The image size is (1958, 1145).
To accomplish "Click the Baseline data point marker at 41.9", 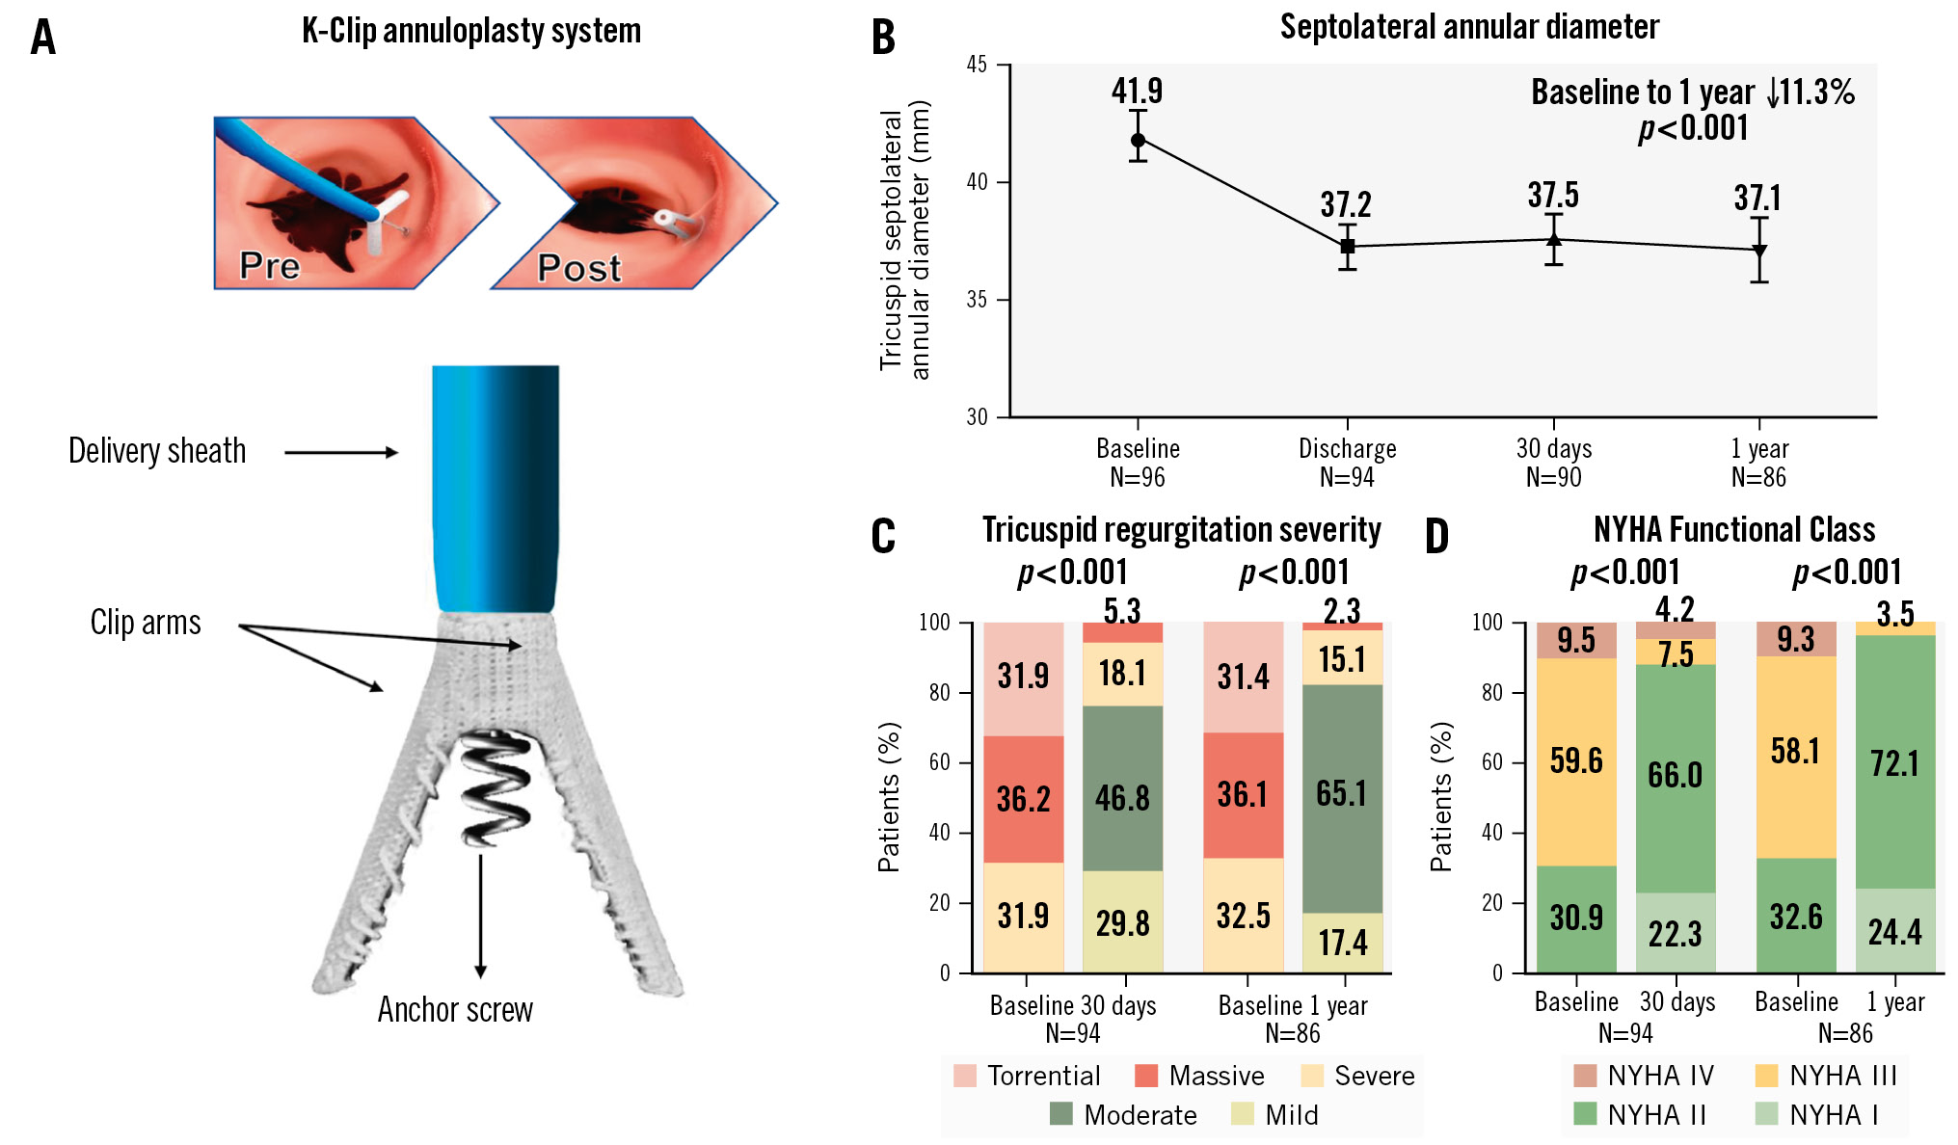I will point(1138,140).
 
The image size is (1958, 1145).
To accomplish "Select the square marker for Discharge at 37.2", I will point(1347,247).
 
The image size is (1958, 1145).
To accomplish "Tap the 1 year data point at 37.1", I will point(1759,251).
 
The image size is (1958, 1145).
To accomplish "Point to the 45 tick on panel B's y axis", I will point(977,65).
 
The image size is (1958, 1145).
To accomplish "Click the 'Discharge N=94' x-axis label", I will point(1347,463).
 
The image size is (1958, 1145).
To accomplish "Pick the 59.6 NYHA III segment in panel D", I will point(1576,761).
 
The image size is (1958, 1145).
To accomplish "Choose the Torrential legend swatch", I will point(964,1076).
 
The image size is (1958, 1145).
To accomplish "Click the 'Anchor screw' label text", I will point(455,1009).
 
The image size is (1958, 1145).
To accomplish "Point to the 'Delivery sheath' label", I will point(157,451).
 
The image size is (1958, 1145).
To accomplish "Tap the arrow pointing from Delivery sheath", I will point(340,452).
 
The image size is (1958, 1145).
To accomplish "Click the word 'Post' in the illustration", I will point(578,268).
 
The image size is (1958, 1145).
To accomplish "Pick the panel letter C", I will point(883,537).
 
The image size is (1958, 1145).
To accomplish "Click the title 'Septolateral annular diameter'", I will point(1469,27).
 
